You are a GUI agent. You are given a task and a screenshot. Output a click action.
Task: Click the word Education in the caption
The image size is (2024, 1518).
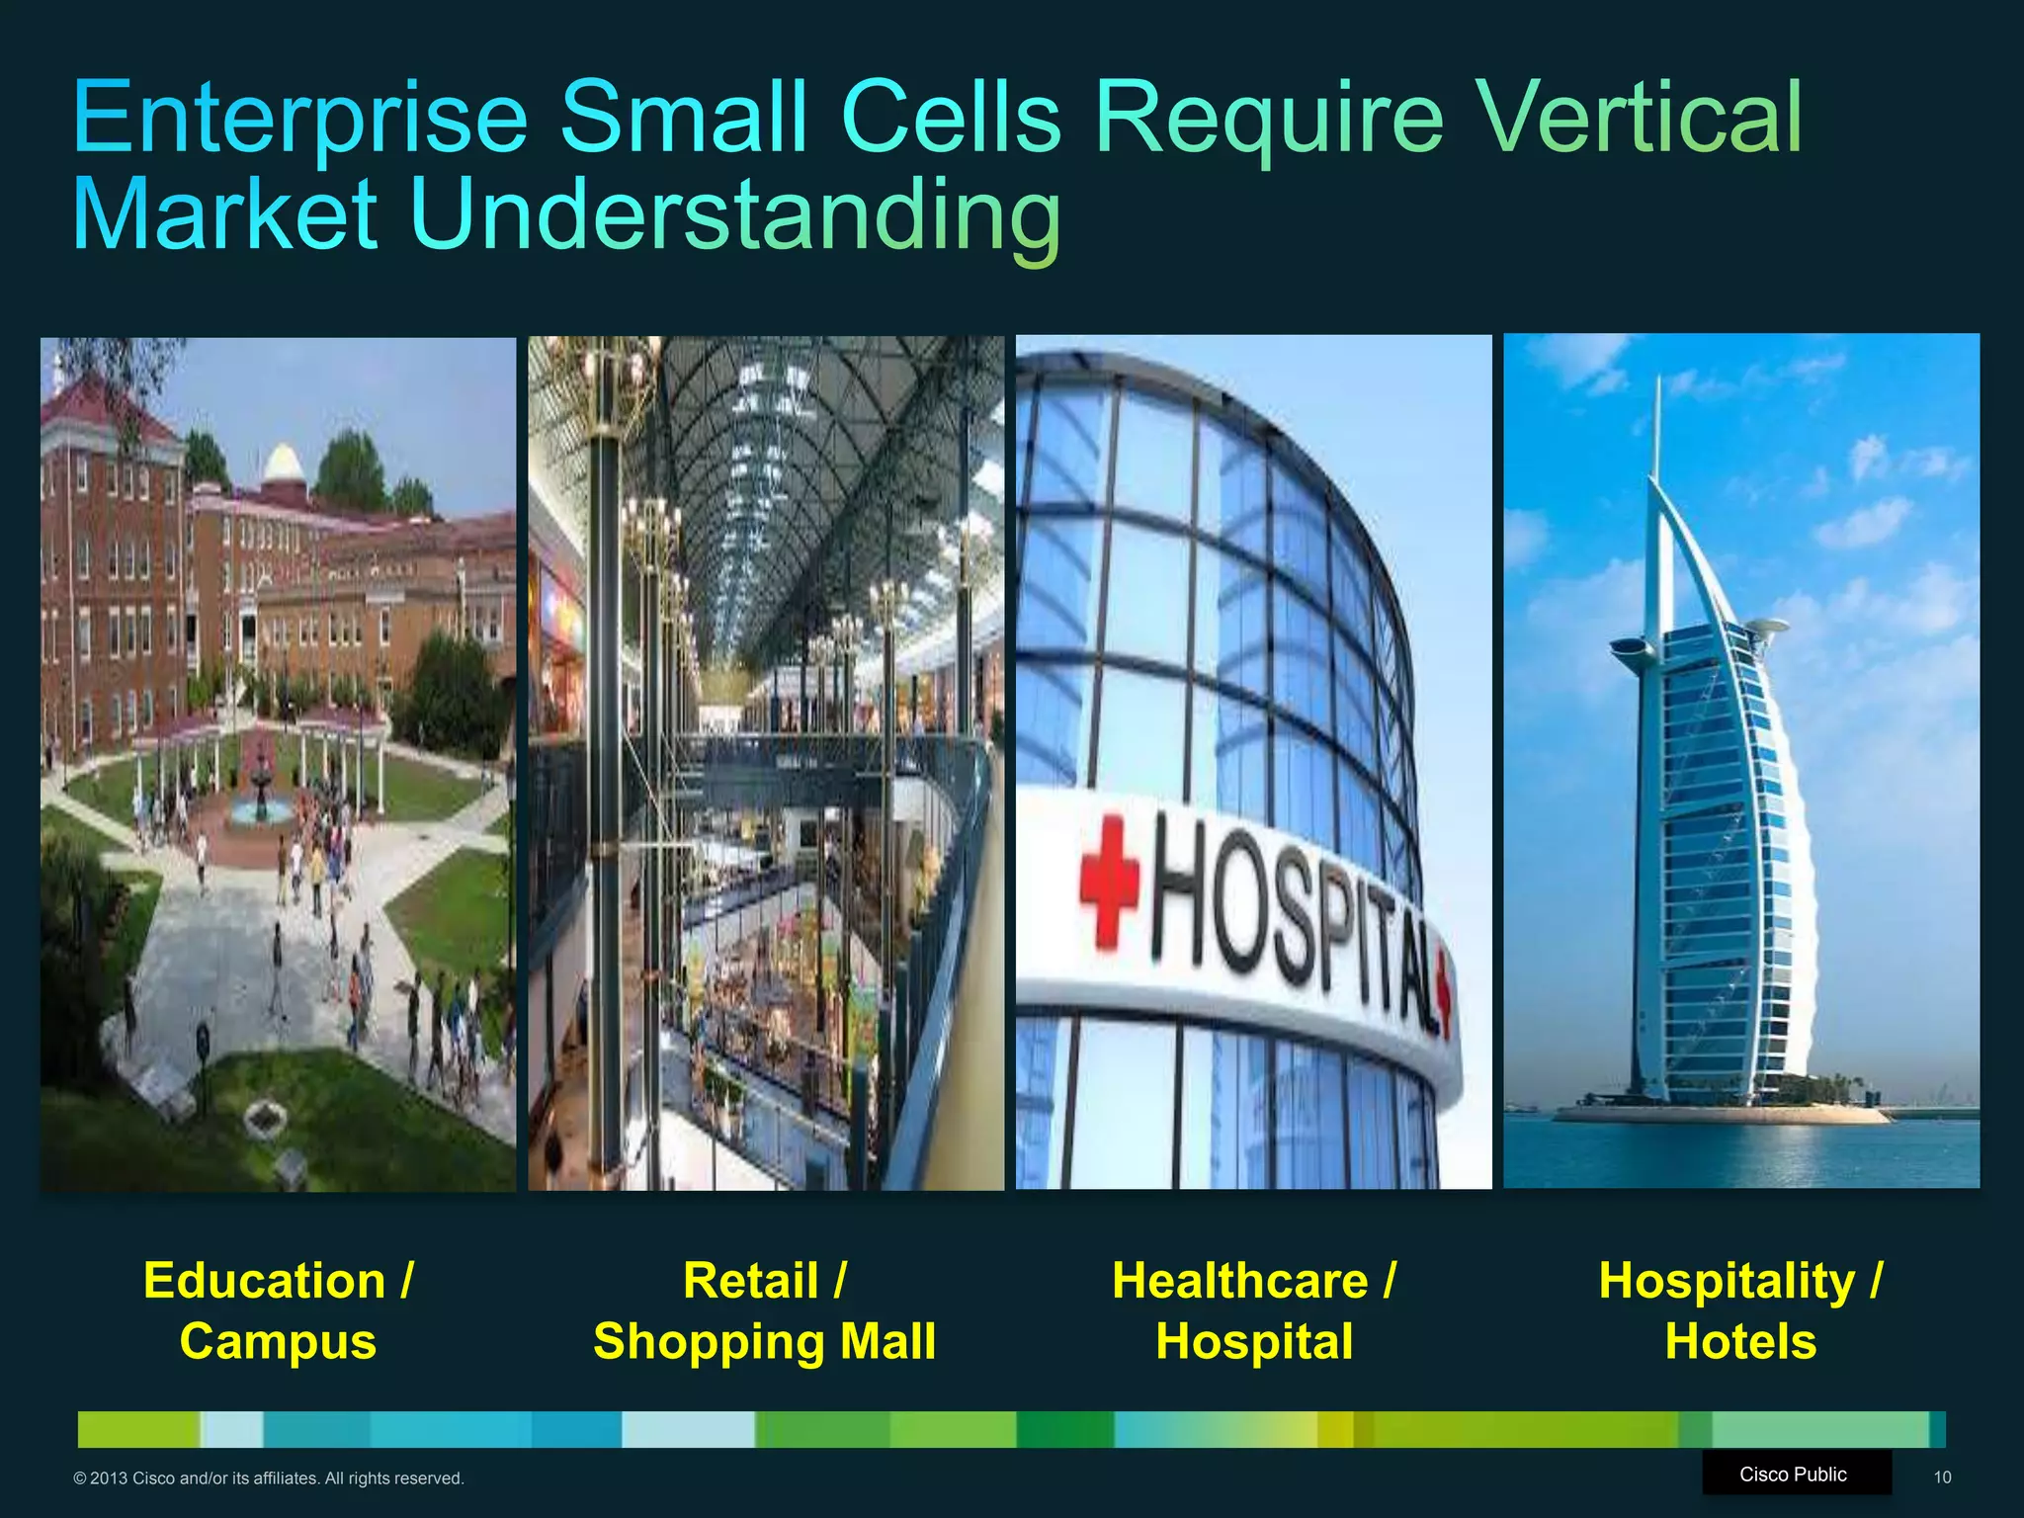[264, 1282]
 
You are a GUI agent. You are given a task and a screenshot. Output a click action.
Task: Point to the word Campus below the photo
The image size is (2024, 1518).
[278, 1342]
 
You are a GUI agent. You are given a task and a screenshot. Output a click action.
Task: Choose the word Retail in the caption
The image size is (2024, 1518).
[751, 1282]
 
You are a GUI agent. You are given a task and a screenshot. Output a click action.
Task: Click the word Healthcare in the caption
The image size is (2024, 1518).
[1240, 1282]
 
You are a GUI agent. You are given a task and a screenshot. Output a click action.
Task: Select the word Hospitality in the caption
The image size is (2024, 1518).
[1727, 1282]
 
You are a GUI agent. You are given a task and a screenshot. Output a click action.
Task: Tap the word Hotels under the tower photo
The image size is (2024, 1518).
[1740, 1342]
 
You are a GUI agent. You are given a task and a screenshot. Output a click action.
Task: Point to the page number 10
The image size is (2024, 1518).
[1942, 1477]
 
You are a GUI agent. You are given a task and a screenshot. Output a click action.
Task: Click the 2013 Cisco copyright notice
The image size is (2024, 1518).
[268, 1478]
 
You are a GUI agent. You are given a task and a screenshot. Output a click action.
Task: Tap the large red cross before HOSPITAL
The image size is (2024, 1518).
[1109, 881]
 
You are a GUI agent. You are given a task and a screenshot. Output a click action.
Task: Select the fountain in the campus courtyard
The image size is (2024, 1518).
[261, 791]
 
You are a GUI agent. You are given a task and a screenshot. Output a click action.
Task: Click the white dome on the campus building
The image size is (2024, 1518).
[284, 464]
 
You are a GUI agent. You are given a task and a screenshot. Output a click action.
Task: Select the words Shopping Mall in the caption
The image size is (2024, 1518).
[764, 1342]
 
